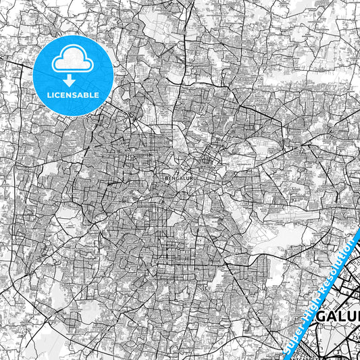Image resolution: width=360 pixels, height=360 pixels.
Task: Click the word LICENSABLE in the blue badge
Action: tap(73, 95)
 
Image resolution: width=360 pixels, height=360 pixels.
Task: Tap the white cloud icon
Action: tap(72, 59)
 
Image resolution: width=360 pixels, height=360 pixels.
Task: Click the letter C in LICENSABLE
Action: tap(57, 95)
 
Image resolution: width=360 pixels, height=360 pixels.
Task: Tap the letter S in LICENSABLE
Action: tap(76, 95)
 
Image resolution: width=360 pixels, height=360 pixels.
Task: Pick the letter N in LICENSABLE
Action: tap(70, 95)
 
